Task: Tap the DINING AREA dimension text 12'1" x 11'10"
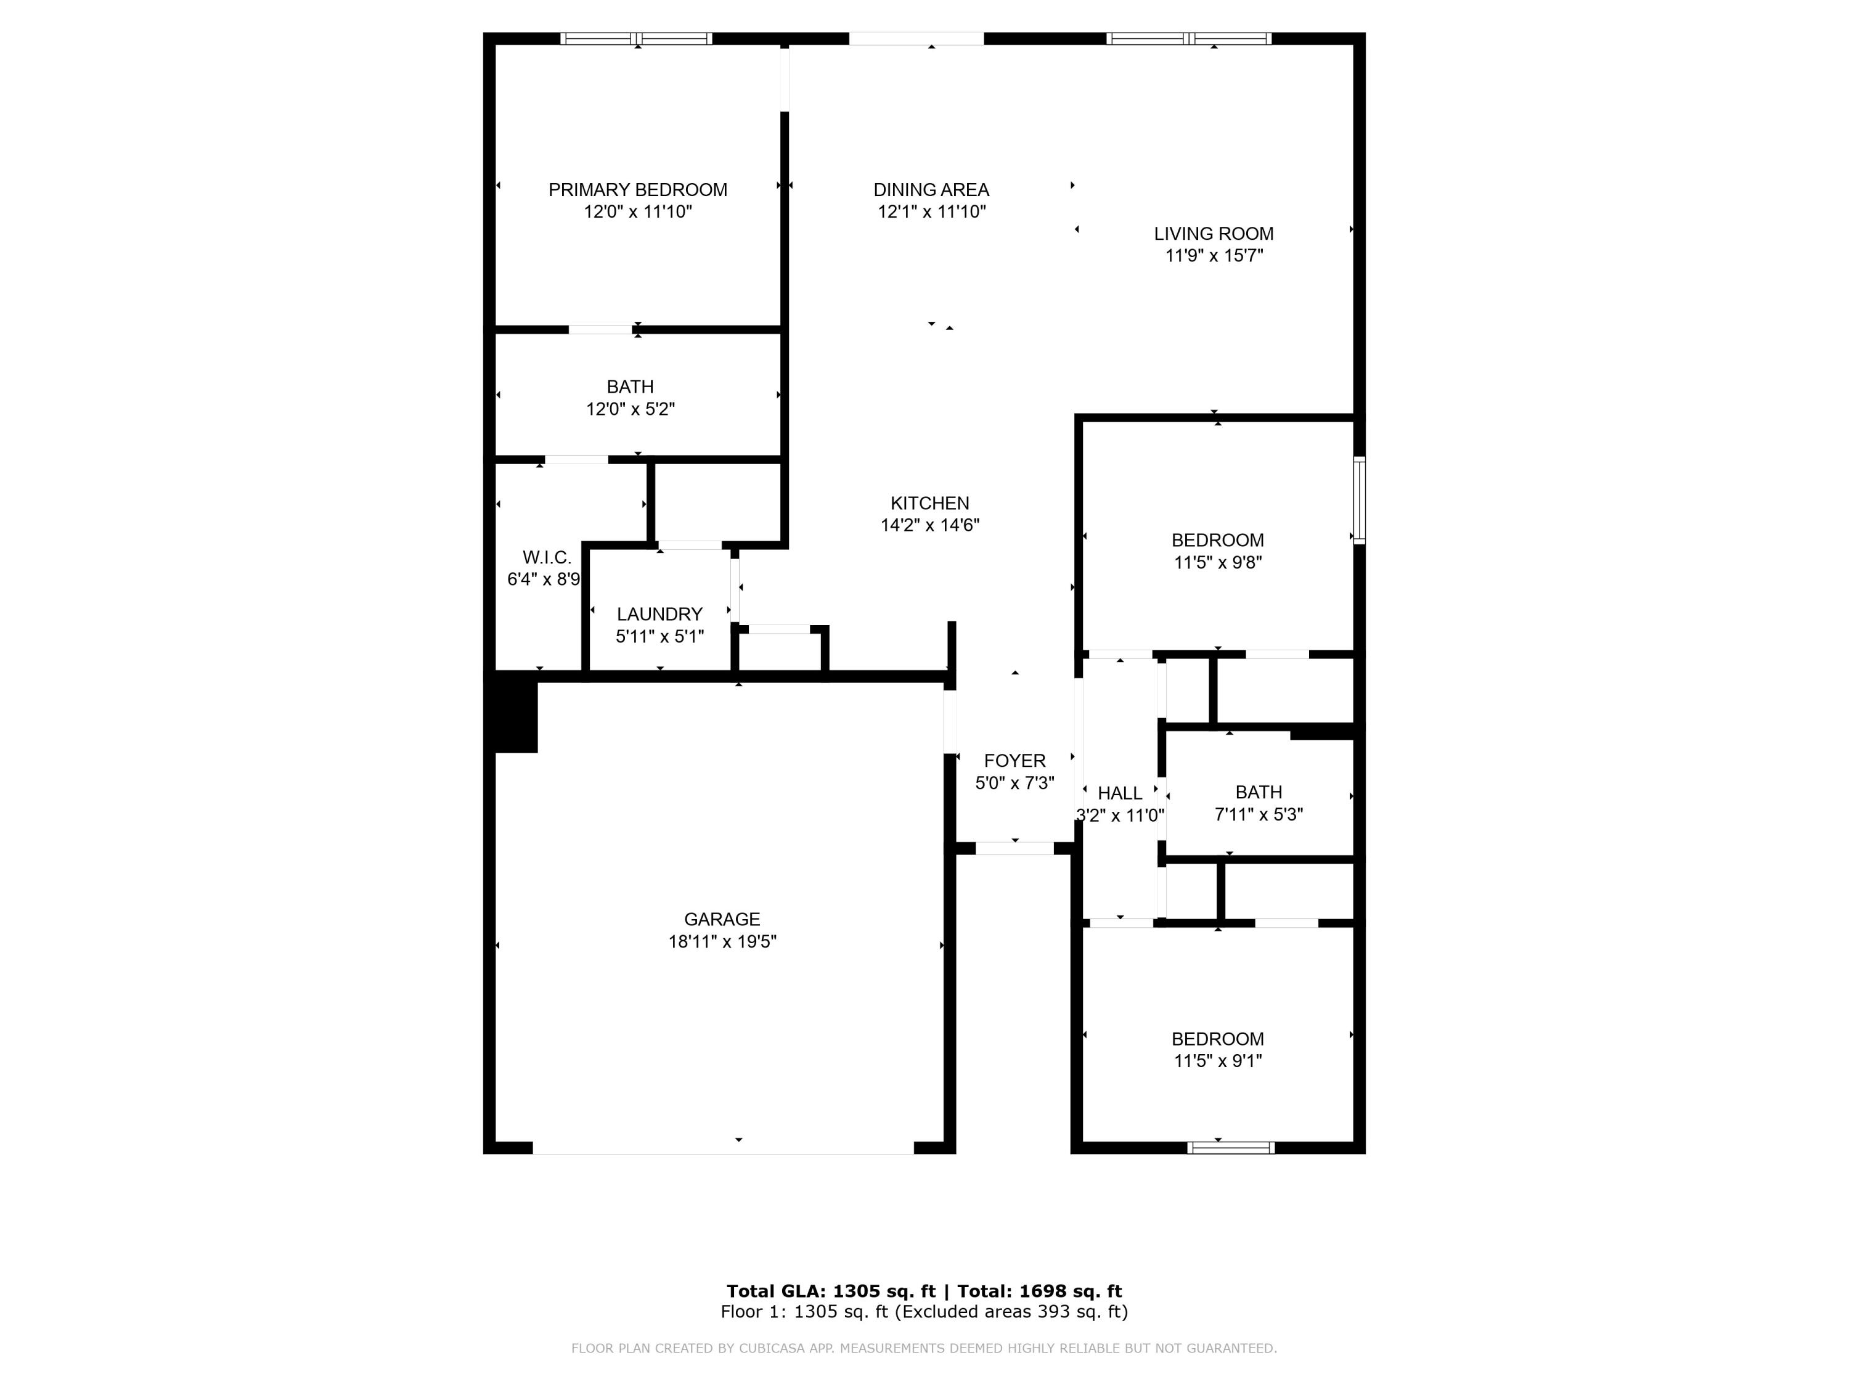tap(931, 212)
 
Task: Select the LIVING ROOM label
tap(1213, 234)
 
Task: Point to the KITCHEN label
tap(929, 503)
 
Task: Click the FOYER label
tap(1014, 761)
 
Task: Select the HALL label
tap(1119, 793)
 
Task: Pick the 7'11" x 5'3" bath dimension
tap(1258, 815)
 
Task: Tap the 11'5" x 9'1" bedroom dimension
tap(1217, 1062)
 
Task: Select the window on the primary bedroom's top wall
tap(636, 38)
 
